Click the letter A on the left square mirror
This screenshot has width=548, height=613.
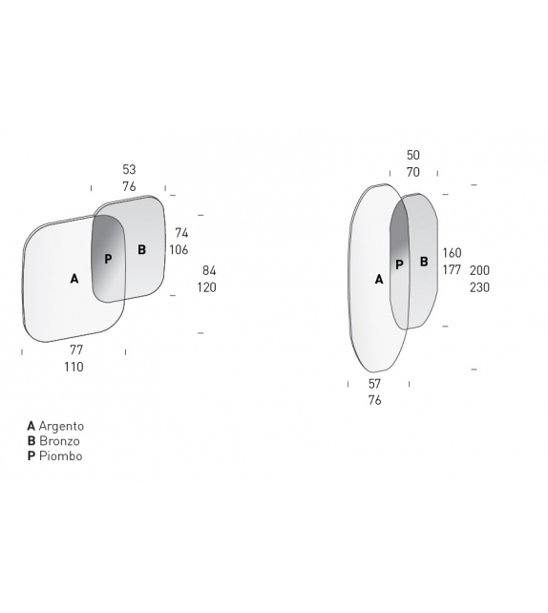pos(74,279)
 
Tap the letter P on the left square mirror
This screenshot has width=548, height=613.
pos(108,259)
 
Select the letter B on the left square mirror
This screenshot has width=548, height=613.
pos(142,249)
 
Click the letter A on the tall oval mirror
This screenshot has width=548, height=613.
pos(379,280)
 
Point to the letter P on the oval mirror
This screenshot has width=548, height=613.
pos(399,264)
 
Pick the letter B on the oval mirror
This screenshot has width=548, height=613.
pos(424,262)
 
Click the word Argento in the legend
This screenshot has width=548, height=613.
pos(61,426)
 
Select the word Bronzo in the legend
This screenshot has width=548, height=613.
pos(59,441)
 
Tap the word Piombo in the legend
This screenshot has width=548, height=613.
pos(60,455)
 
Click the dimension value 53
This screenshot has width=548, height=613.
pos(130,170)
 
